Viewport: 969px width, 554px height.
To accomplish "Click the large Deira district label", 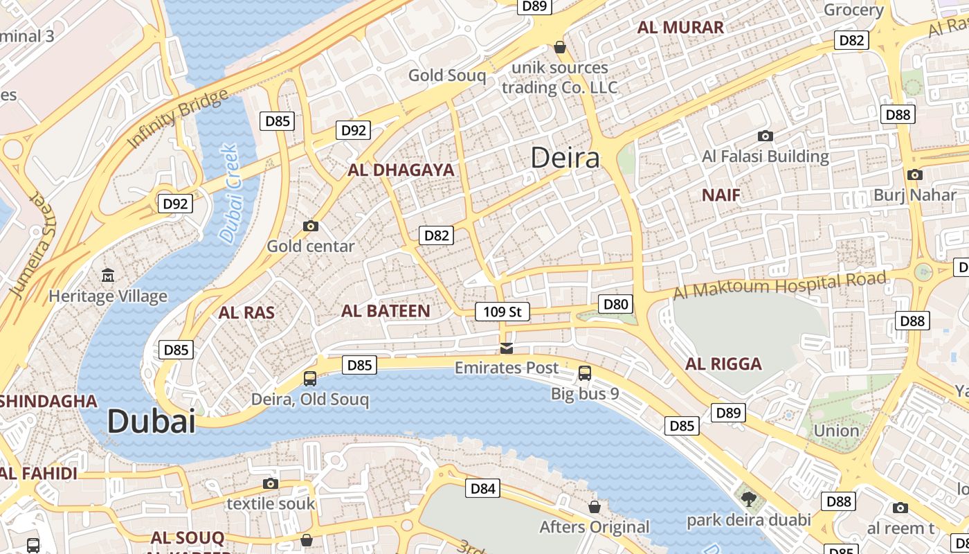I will click(565, 158).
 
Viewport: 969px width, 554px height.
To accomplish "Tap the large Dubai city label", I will click(152, 421).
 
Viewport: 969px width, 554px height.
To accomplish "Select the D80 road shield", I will click(615, 304).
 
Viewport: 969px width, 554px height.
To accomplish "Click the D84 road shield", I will click(482, 488).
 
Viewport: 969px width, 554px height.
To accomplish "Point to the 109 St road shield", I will click(502, 312).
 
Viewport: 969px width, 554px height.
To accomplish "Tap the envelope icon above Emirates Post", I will click(507, 348).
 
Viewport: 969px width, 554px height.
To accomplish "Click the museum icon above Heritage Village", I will click(108, 276).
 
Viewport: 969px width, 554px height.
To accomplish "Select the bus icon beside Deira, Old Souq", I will click(310, 379).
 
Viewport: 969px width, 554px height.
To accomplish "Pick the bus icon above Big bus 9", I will click(585, 373).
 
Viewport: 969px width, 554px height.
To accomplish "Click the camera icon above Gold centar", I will click(311, 226).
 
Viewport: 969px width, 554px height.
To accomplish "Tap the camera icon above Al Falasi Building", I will click(765, 136).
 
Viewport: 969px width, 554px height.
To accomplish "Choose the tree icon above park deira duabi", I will click(748, 499).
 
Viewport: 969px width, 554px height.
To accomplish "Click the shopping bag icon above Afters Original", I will click(595, 507).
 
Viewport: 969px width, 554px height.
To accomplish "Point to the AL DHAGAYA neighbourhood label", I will click(401, 170).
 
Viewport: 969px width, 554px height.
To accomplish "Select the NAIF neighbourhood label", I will click(721, 195).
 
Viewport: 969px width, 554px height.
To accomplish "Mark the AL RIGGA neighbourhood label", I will click(723, 364).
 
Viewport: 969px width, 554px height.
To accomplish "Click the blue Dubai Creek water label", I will click(229, 194).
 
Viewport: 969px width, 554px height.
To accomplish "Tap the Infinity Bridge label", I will click(177, 118).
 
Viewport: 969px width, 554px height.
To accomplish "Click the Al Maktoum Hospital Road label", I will click(779, 285).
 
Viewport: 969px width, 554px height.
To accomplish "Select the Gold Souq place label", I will click(447, 75).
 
